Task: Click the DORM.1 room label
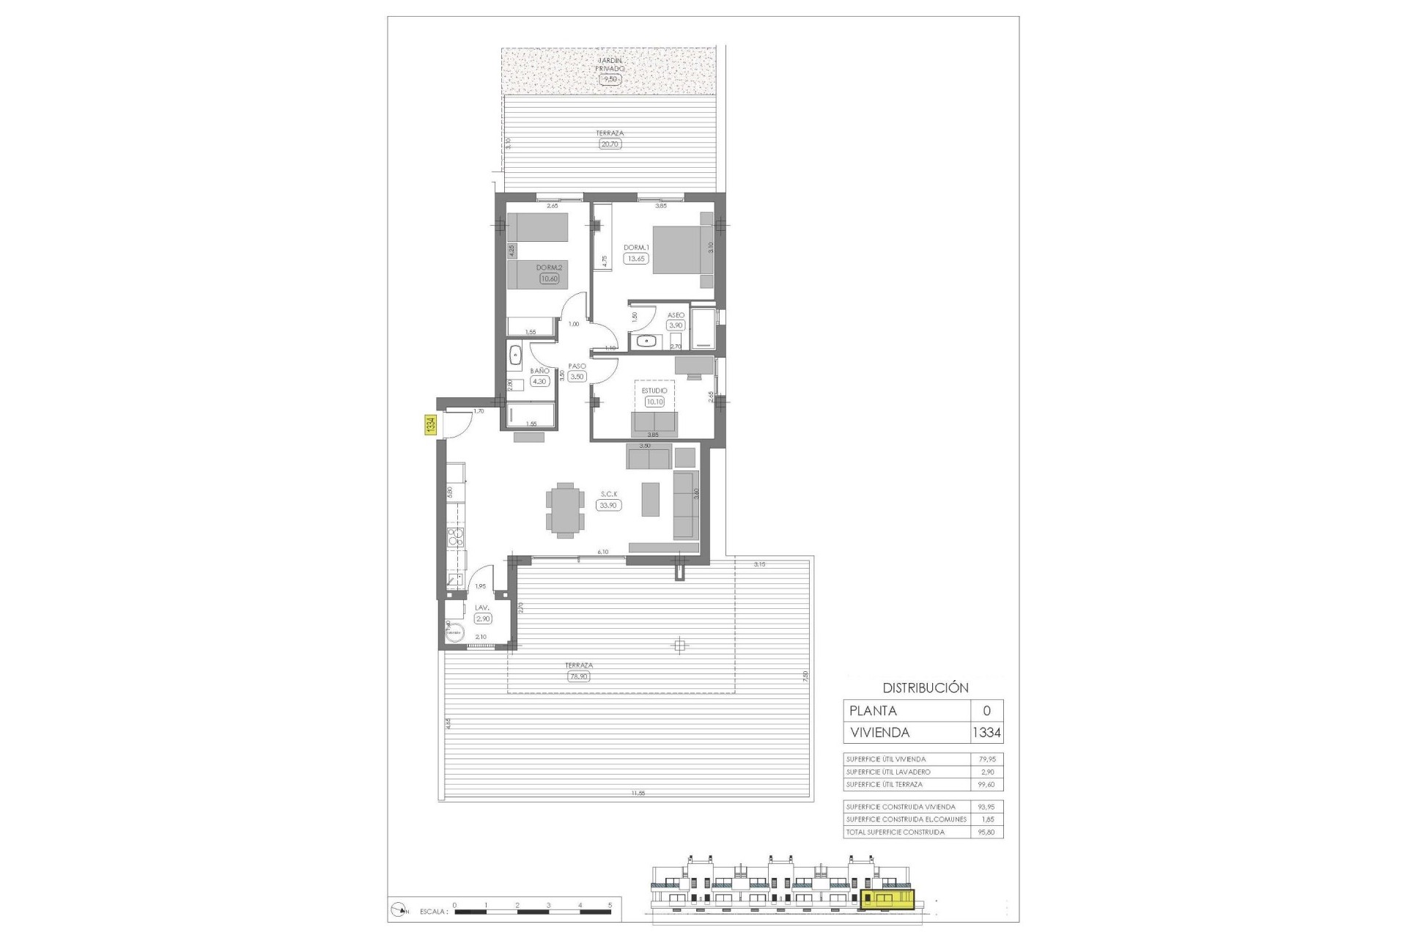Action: pyautogui.click(x=636, y=248)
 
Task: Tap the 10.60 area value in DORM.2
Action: pyautogui.click(x=549, y=278)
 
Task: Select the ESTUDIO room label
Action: pyautogui.click(x=654, y=391)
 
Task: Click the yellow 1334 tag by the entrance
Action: pyautogui.click(x=431, y=426)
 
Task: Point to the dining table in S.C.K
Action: pyautogui.click(x=565, y=510)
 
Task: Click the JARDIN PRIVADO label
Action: pyautogui.click(x=610, y=64)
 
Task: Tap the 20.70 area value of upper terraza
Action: pyautogui.click(x=610, y=144)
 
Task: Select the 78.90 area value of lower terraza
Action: pyautogui.click(x=578, y=676)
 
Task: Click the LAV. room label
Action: pyautogui.click(x=481, y=608)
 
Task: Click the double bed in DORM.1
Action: pyautogui.click(x=682, y=249)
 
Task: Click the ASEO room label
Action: pyautogui.click(x=675, y=315)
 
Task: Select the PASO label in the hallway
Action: pyautogui.click(x=577, y=366)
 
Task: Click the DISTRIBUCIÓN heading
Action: pyautogui.click(x=925, y=688)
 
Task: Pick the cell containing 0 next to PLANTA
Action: pyautogui.click(x=986, y=711)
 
